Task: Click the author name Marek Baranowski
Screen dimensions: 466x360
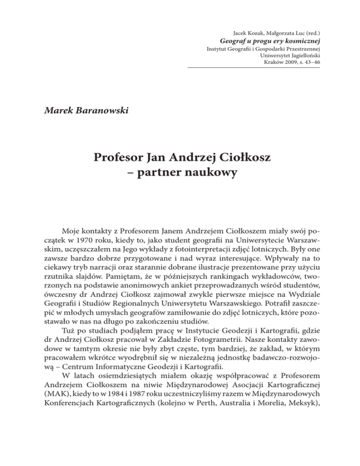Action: (80, 112)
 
